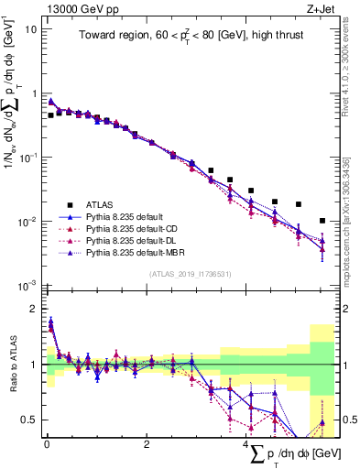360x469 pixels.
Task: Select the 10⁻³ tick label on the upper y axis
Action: (x=26, y=286)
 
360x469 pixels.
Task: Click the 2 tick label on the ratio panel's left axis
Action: (x=34, y=309)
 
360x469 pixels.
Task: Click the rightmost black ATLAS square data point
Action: (x=322, y=221)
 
